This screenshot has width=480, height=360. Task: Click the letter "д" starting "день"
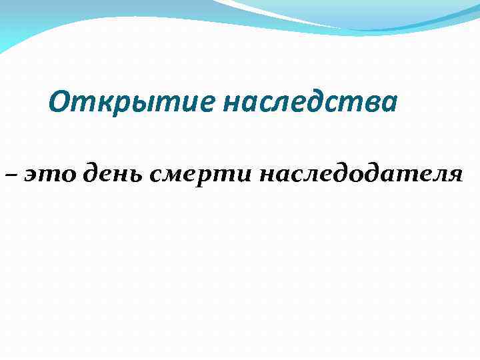coord(92,174)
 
